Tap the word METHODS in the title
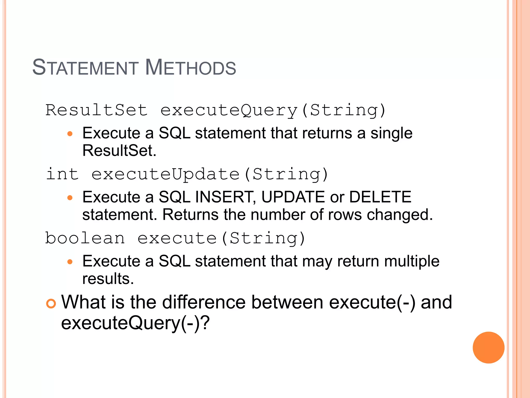tap(190, 68)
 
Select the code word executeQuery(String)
tap(273, 110)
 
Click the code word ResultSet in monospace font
tap(97, 110)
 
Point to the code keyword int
tap(62, 174)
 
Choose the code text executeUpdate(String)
tap(210, 174)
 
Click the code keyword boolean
tap(85, 238)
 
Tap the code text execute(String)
tap(221, 238)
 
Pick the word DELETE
tap(380, 197)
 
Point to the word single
tap(391, 134)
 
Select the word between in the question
tap(287, 302)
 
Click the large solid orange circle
tap(488, 347)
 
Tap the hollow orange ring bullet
tap(51, 303)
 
